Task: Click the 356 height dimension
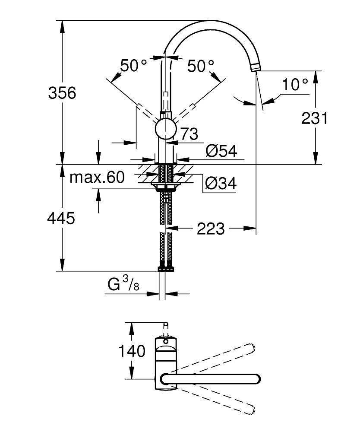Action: click(x=62, y=92)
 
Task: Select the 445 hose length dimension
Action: click(x=61, y=218)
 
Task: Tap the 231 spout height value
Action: click(x=315, y=118)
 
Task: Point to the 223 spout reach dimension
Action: click(x=211, y=229)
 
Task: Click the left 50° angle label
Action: click(x=133, y=66)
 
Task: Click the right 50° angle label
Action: click(x=201, y=66)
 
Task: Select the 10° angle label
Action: click(x=295, y=85)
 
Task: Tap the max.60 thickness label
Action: click(x=97, y=177)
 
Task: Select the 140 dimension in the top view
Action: click(x=133, y=351)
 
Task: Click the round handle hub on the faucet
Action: click(x=165, y=129)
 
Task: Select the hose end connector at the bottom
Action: click(x=166, y=268)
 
